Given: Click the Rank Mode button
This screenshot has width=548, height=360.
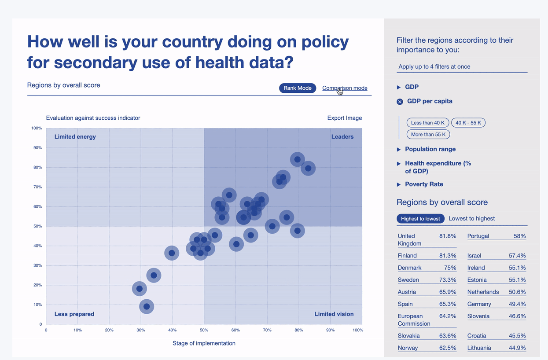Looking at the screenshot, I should (x=297, y=88).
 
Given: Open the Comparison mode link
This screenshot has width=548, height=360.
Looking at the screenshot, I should (x=345, y=88).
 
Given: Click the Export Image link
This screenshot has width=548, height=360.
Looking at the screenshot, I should (x=345, y=118).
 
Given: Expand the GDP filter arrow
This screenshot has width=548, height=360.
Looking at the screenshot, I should (x=399, y=87).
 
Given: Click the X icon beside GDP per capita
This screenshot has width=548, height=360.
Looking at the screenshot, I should (x=400, y=102).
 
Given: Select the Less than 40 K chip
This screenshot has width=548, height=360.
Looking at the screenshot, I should (x=428, y=123).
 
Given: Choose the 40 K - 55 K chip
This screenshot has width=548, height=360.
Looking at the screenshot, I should (x=468, y=123).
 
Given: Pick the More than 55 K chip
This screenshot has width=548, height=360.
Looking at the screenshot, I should (x=428, y=134).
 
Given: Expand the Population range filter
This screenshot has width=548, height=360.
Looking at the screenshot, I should (x=399, y=149).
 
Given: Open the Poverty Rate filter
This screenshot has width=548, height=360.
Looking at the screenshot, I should (x=399, y=184).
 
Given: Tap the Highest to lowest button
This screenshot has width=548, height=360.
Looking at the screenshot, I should (x=420, y=219).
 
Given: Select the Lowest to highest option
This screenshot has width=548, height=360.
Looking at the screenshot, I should (x=472, y=219).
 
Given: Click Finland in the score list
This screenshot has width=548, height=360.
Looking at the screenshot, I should (x=407, y=256).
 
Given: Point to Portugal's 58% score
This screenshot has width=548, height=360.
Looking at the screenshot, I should (x=519, y=236).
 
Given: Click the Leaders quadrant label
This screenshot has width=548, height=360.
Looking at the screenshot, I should (x=342, y=137).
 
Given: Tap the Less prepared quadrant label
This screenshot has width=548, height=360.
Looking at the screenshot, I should (x=74, y=314).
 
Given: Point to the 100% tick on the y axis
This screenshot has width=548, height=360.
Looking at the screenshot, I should (x=37, y=129).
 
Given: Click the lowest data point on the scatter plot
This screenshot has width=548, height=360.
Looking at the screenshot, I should (x=147, y=306).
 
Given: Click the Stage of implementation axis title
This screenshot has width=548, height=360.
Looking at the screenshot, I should (x=204, y=343).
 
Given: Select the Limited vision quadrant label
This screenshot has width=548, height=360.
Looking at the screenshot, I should (x=334, y=314).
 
